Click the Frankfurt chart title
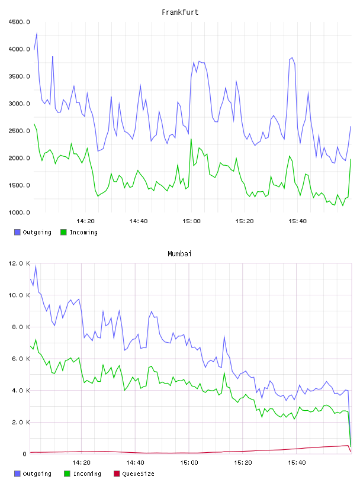[180, 12]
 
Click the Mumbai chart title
[179, 254]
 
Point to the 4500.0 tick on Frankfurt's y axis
[19, 22]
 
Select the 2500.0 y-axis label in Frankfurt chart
[19, 131]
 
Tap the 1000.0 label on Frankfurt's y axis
[19, 212]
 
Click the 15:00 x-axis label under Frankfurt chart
[191, 221]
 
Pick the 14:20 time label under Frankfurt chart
[85, 221]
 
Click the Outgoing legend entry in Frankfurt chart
[33, 232]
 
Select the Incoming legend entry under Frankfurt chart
[79, 232]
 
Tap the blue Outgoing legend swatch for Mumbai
[17, 474]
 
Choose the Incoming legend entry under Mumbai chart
[83, 474]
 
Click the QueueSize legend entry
[134, 474]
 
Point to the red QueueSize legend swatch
[117, 474]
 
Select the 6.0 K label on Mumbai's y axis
[21, 359]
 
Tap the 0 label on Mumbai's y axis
[24, 454]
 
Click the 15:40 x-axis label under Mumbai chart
[297, 463]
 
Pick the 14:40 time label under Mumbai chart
[135, 463]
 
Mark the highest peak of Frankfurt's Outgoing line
[37, 33]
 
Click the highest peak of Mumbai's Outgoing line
[36, 266]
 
